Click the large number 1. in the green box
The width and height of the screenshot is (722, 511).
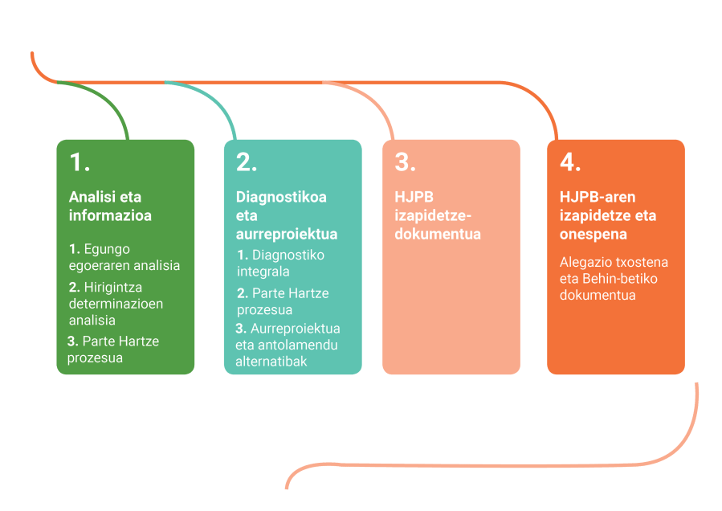pos(80,162)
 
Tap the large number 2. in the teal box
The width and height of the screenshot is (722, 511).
pos(247,162)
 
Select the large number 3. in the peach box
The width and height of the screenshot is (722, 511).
pos(406,162)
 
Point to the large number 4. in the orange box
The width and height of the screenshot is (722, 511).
pos(570,162)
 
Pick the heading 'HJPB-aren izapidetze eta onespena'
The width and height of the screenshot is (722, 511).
pos(608,215)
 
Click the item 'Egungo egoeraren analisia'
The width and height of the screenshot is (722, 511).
pos(124,257)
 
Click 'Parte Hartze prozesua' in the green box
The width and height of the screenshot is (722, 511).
pos(112,350)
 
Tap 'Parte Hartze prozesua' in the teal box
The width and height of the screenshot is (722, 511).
pos(280,301)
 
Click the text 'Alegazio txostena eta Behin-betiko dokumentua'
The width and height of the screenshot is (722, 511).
pos(614,279)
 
